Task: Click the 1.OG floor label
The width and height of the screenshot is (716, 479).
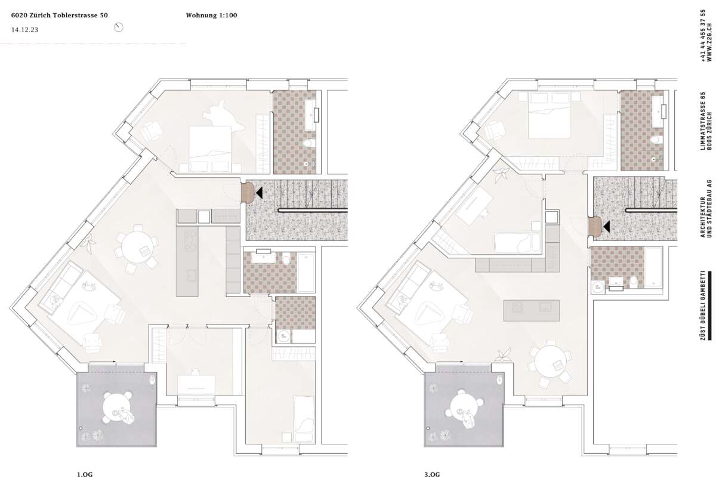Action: point(85,475)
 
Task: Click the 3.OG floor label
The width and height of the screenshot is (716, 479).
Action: point(432,475)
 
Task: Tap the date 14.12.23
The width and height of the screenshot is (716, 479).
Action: point(24,30)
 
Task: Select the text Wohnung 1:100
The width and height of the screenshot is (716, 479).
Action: point(212,15)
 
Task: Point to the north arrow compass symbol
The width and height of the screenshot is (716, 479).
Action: point(119,27)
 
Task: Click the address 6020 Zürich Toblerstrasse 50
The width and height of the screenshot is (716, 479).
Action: point(60,15)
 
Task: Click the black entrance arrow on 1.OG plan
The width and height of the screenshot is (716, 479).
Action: point(259,192)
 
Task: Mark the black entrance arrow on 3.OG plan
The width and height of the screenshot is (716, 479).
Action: point(606,227)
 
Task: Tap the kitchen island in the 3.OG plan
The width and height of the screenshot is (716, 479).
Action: point(532,310)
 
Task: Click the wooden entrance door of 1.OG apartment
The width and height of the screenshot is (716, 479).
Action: point(247,192)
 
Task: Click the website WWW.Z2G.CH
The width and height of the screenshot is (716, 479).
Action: point(709,45)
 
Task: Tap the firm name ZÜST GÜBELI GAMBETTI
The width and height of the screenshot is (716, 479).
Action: point(703,305)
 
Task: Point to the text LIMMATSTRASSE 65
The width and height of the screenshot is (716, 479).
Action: point(703,121)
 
